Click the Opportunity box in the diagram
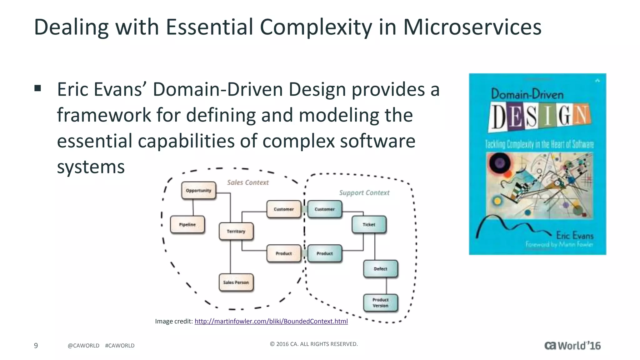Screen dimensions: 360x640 click(198, 190)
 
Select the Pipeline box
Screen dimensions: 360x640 click(187, 224)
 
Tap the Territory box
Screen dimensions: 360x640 click(236, 231)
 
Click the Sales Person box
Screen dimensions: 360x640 click(236, 282)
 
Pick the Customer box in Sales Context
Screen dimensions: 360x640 click(283, 209)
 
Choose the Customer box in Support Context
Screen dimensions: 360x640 click(324, 209)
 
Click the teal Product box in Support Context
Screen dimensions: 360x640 click(324, 253)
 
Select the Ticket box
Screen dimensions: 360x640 click(369, 224)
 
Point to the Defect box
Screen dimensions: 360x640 click(380, 269)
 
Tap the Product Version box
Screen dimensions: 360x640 click(380, 302)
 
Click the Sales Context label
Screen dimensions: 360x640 click(247, 182)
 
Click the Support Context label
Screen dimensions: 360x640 click(364, 193)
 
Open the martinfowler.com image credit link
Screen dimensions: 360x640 click(271, 321)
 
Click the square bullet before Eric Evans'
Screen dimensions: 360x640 click(38, 88)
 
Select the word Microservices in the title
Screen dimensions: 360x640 click(472, 27)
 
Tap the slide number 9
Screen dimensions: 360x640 click(36, 345)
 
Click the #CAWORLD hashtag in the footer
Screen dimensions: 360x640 click(120, 346)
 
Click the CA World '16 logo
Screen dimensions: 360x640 click(572, 346)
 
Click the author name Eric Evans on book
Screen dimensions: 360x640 click(574, 235)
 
